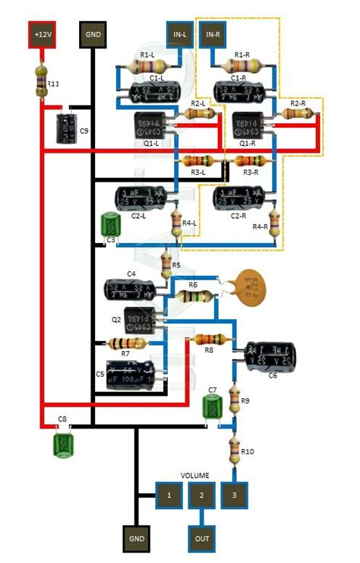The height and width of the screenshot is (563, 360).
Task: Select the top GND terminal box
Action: click(x=93, y=34)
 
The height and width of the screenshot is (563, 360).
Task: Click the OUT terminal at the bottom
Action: click(x=201, y=538)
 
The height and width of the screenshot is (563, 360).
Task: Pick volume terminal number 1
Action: click(x=169, y=495)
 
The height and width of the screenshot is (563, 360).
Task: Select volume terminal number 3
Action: click(x=234, y=495)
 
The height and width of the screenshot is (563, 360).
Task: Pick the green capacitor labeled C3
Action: click(x=112, y=226)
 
